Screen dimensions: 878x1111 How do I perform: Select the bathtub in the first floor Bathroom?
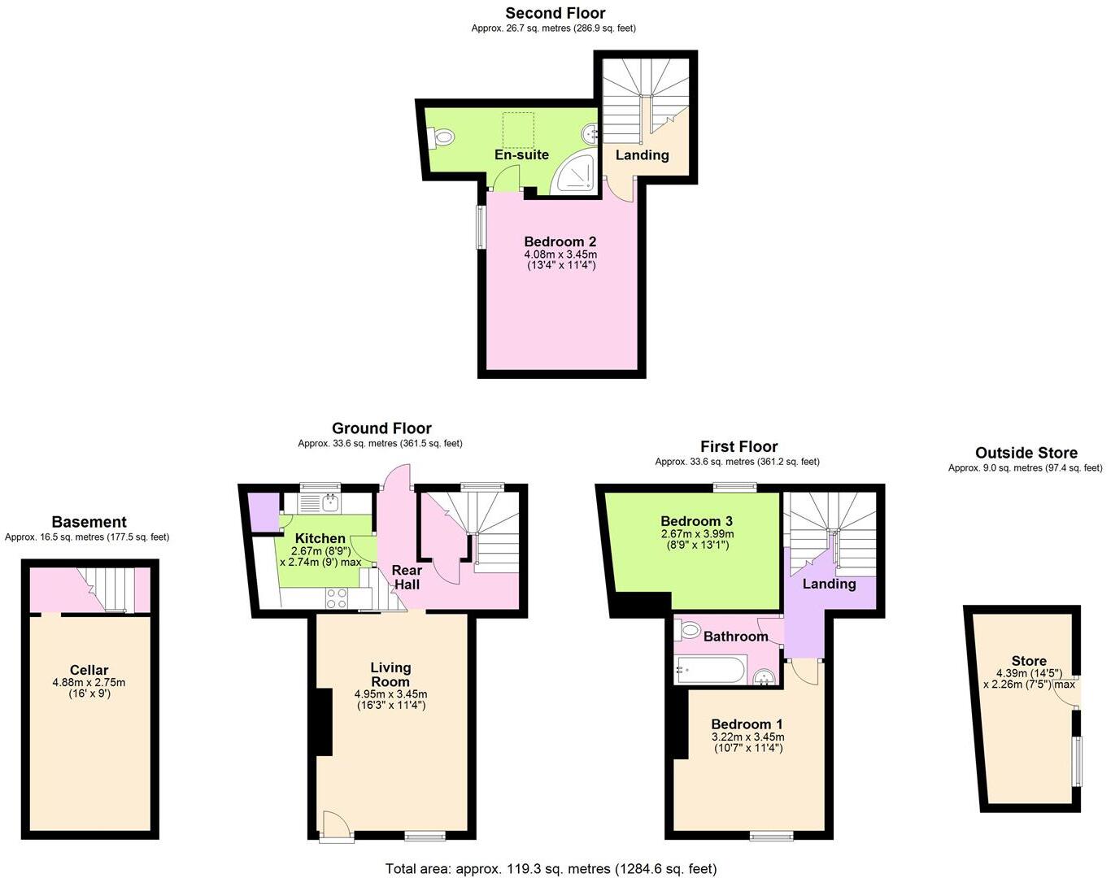pos(709,672)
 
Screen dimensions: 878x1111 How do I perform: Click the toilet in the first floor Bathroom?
pos(690,629)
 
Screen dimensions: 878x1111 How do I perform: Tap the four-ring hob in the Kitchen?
pos(337,598)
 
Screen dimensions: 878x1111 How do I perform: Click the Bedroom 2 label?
pos(560,241)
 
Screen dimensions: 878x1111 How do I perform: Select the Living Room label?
pos(390,675)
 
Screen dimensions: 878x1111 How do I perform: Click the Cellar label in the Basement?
pos(89,671)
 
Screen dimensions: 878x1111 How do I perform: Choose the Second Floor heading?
pos(555,13)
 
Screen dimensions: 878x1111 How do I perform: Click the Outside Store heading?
pos(1026,453)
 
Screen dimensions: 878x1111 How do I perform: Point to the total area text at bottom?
pos(551,868)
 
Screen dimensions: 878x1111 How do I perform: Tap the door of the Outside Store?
pos(1065,692)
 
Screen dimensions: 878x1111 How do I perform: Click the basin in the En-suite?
pos(593,133)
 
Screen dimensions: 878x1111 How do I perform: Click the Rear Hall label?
pos(407,577)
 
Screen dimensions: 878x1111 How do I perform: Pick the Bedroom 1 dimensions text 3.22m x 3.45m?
pos(747,737)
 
